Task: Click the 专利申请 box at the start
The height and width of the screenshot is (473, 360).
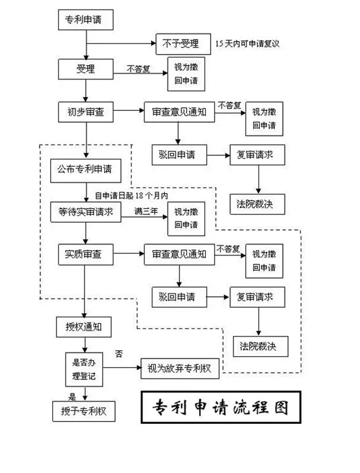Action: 87,20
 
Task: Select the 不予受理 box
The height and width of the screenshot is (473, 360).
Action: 182,43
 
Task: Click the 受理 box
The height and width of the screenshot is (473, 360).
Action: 86,68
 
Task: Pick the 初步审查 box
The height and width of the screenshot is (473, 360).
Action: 86,112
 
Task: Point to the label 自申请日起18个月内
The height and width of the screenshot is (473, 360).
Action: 130,196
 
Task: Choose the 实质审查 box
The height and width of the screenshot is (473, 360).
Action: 84,254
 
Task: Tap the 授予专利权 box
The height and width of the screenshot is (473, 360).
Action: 83,411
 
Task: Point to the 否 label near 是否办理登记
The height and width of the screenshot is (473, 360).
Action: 119,354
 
